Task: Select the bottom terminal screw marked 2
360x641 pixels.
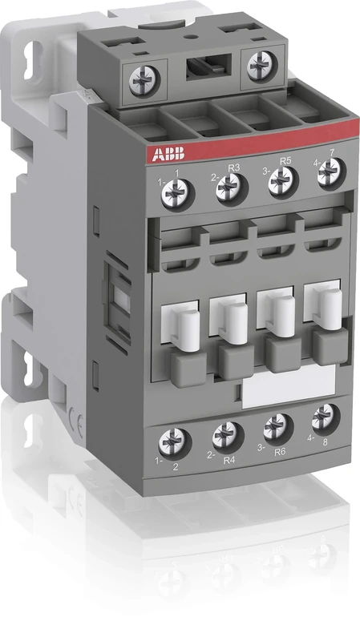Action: click(171, 441)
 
